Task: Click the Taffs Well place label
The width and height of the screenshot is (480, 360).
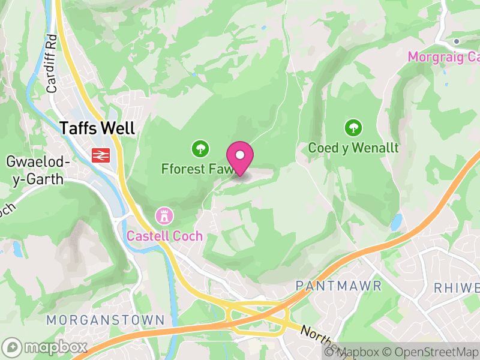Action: (x=97, y=128)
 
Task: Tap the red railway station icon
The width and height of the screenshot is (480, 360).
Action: (x=100, y=155)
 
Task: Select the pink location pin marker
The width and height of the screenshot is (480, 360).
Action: (x=240, y=157)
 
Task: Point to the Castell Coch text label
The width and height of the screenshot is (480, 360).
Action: (x=164, y=236)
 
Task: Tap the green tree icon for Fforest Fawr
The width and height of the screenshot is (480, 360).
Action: (x=199, y=148)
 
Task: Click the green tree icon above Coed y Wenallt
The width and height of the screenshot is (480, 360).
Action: (x=353, y=127)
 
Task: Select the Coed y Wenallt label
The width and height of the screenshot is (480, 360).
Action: (x=353, y=148)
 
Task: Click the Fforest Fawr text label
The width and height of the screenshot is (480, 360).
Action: (x=193, y=169)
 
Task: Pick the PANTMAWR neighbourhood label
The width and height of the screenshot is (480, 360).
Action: (x=338, y=286)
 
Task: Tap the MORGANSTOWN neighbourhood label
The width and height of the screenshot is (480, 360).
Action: (x=105, y=319)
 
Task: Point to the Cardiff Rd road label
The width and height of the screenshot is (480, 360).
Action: (x=52, y=71)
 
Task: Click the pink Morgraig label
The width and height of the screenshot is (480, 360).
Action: (x=444, y=57)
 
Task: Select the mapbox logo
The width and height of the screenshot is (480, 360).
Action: (x=45, y=347)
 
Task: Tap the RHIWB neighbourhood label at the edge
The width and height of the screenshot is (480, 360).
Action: (x=457, y=286)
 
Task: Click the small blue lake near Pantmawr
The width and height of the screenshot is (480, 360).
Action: (x=396, y=223)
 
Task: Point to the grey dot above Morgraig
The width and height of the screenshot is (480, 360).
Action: (x=457, y=41)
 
